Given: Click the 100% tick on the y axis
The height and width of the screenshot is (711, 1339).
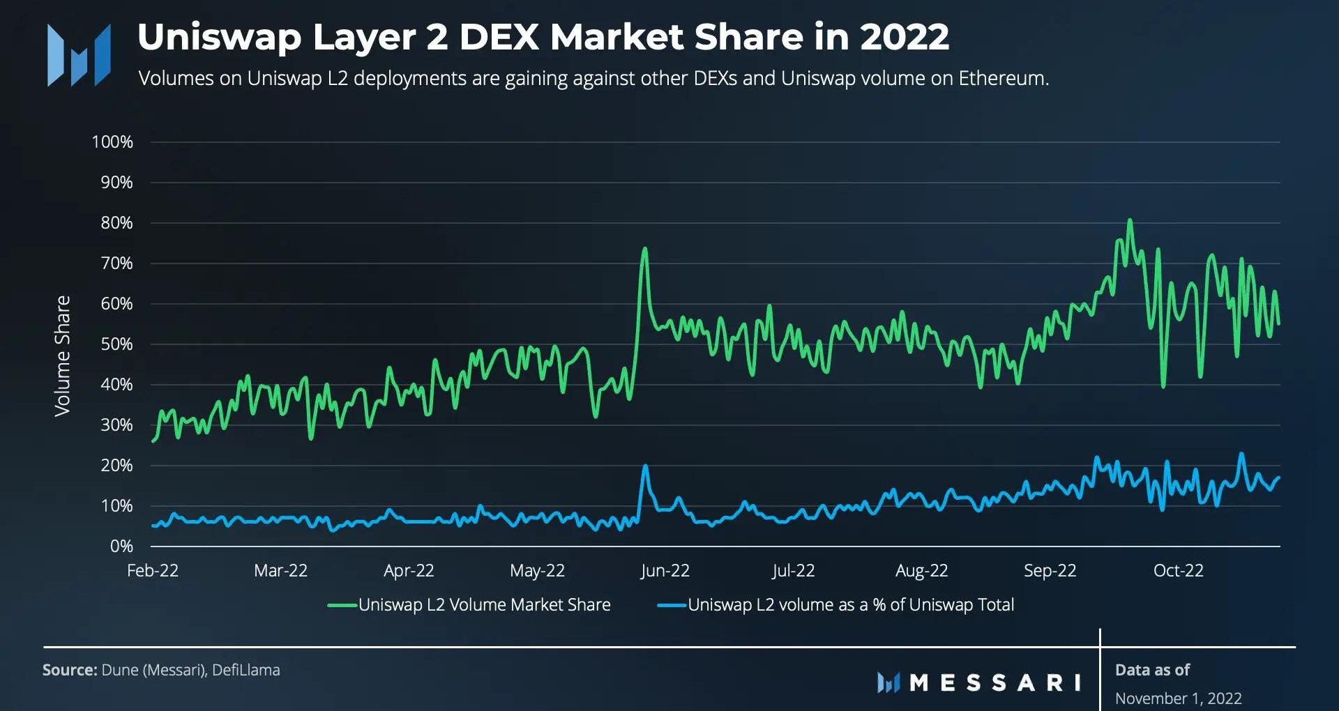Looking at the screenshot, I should coord(112,142).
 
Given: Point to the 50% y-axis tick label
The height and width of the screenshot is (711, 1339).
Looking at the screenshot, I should coord(116,344).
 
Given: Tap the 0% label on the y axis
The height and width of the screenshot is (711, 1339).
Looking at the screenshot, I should coord(121,546).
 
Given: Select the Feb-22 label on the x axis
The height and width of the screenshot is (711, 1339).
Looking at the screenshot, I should coord(153,571).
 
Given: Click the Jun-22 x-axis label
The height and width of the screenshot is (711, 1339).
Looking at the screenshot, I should coord(665,571).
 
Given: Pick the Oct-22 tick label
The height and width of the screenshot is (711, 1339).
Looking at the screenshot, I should coord(1178,571).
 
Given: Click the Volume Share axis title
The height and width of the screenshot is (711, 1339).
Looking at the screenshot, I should coord(63,356).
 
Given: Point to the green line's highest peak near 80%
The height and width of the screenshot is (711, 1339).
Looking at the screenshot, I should coord(1130,221).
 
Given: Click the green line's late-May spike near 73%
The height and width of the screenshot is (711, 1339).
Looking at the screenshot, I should coord(644,249).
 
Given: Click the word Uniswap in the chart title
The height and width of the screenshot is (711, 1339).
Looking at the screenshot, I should coord(219,37).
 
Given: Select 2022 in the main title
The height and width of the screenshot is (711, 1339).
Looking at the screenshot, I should coord(905,37).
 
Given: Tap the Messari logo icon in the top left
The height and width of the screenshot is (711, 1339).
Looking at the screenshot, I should coord(79,55).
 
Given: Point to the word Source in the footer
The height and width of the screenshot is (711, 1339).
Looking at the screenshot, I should coord(69,670).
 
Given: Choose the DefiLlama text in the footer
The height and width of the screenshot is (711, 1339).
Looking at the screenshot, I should coord(246,670).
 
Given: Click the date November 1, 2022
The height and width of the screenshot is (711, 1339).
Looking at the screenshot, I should coord(1178,698).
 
